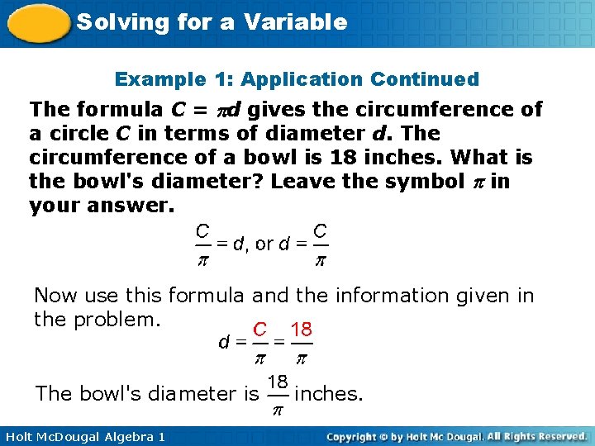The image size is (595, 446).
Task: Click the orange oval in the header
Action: (37, 23)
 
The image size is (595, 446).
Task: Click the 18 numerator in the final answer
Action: (278, 382)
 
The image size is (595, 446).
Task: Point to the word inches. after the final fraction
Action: (329, 394)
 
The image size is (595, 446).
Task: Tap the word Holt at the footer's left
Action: (20, 436)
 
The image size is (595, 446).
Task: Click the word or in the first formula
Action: (264, 244)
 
